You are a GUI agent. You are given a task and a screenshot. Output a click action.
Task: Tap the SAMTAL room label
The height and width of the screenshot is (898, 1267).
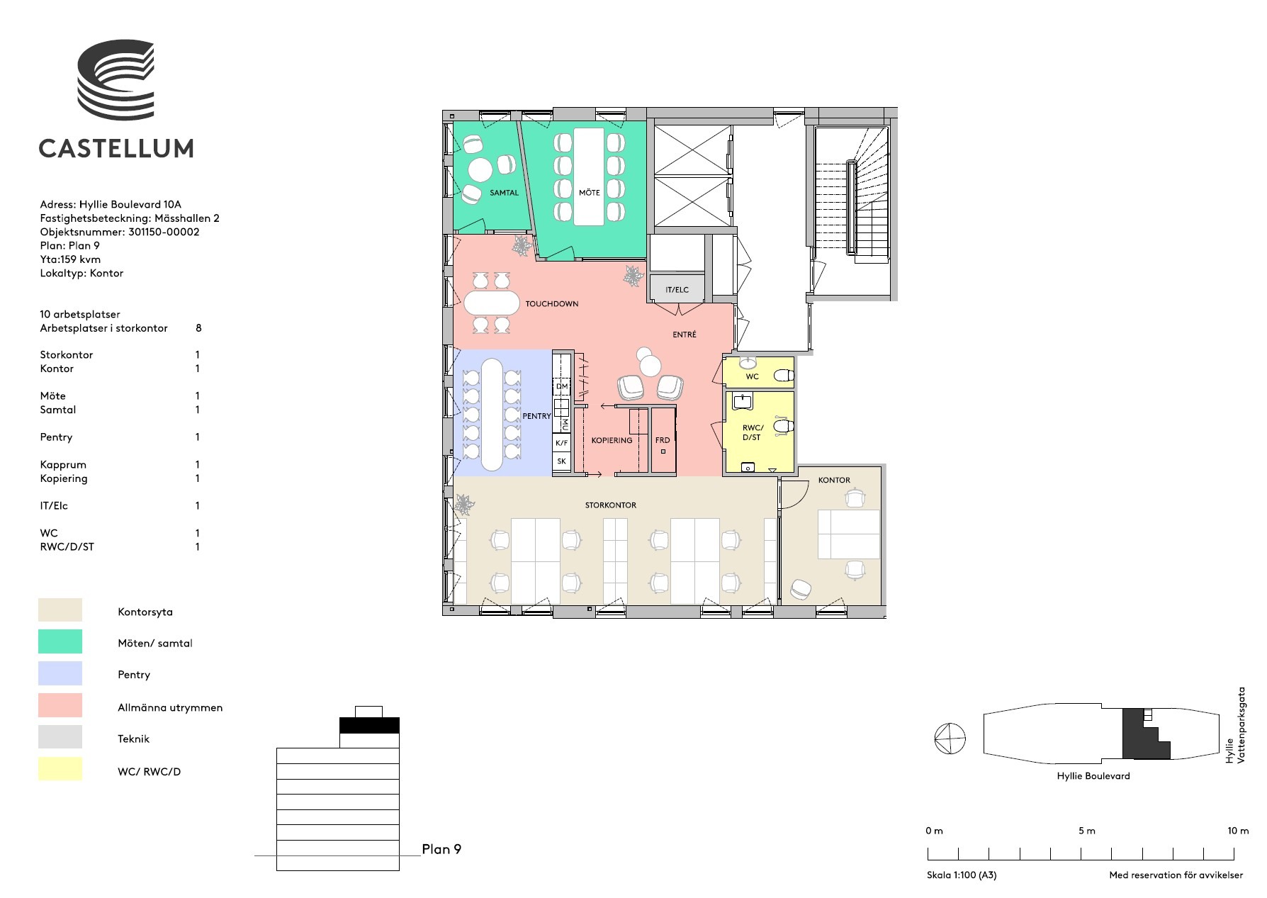click(504, 193)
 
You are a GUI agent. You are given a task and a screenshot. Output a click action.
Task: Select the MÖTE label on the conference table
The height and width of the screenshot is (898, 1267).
click(589, 193)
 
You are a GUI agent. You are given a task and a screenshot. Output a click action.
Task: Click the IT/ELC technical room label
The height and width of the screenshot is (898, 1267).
click(677, 290)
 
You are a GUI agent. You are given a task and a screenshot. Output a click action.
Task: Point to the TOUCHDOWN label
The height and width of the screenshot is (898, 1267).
click(551, 304)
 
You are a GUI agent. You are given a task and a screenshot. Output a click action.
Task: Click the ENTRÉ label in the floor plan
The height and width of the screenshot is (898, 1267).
click(685, 335)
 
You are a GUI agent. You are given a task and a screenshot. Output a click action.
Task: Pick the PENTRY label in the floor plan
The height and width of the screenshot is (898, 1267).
click(536, 416)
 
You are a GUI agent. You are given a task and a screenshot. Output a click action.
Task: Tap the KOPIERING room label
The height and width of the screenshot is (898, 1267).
click(612, 441)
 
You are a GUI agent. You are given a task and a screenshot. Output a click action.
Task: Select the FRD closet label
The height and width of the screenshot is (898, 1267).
click(662, 441)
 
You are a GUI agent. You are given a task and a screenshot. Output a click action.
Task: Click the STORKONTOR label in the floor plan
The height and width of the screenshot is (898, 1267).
click(610, 505)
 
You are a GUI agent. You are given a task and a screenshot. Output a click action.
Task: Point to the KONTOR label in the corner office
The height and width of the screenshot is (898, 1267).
click(833, 481)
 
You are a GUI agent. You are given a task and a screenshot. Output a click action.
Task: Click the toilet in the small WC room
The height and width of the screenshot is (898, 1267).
click(783, 375)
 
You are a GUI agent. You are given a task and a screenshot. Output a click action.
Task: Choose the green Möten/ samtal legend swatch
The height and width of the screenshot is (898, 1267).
click(60, 642)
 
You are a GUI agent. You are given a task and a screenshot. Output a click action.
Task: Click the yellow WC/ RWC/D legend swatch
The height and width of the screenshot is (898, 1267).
click(60, 769)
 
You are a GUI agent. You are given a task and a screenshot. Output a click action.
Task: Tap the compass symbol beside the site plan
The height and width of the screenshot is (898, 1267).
click(950, 739)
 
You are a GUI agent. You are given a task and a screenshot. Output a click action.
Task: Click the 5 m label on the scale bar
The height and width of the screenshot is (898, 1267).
click(1086, 831)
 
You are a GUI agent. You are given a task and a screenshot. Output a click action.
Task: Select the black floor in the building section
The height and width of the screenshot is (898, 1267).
click(369, 726)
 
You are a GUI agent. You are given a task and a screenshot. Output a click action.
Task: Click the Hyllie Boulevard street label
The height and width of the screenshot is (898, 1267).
click(1093, 776)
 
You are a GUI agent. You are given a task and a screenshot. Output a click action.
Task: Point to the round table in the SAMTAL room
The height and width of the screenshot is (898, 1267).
click(480, 170)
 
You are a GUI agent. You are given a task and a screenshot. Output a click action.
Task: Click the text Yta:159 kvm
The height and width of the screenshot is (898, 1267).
click(70, 259)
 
